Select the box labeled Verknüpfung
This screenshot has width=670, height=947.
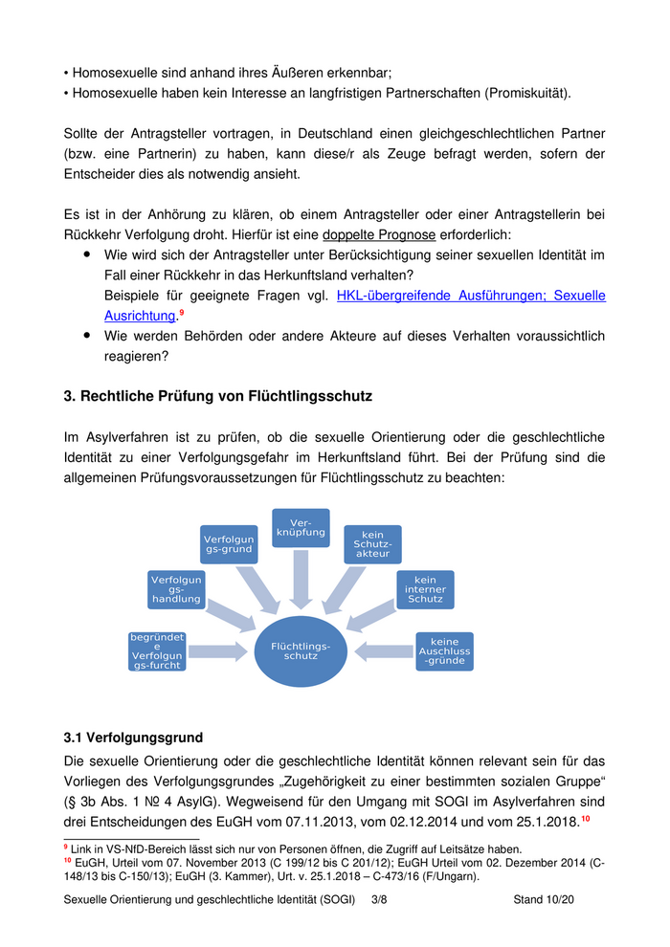[x=301, y=528]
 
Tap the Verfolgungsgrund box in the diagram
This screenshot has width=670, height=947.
[x=228, y=543]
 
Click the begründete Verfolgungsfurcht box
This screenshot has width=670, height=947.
[x=158, y=651]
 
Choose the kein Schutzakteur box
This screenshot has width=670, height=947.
[x=372, y=544]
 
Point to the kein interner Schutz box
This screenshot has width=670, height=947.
[x=425, y=589]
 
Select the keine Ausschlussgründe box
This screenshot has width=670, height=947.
[x=444, y=651]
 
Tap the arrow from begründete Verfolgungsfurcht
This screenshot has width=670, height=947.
[x=216, y=652]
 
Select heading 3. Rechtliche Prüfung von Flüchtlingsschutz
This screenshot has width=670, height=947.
[x=217, y=396]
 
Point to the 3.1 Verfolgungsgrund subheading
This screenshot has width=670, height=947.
[x=133, y=738]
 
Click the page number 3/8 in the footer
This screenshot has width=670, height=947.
[x=381, y=900]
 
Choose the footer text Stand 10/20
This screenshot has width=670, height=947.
[x=543, y=900]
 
